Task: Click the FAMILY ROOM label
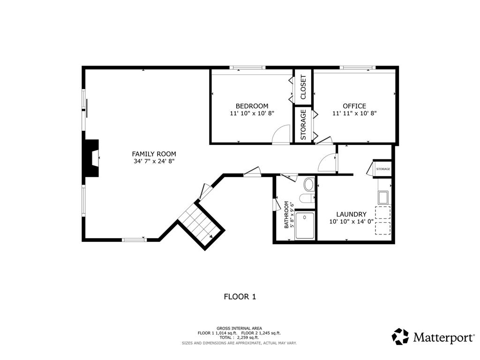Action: click(154, 154)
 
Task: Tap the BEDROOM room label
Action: click(252, 106)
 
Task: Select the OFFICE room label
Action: click(354, 106)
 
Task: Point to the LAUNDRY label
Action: click(352, 214)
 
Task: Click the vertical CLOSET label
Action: click(303, 87)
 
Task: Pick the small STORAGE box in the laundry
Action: click(383, 169)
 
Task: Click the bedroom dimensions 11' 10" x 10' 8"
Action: click(252, 113)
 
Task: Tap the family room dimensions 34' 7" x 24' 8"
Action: click(154, 161)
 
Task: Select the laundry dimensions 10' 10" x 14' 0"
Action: click(352, 222)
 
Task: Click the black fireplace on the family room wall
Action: click(91, 158)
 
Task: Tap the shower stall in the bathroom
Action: click(305, 226)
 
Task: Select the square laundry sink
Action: click(383, 197)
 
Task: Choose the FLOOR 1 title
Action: click(240, 297)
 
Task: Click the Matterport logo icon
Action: click(400, 337)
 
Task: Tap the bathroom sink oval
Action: click(308, 185)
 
